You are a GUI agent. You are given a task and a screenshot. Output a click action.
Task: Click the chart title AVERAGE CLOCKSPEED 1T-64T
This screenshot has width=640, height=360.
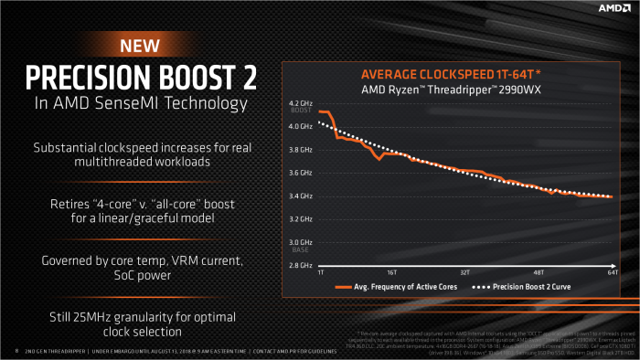(452, 74)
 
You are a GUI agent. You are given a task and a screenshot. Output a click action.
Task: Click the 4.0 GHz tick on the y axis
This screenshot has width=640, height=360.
(300, 126)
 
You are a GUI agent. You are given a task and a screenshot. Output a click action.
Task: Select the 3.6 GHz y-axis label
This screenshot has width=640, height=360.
(300, 173)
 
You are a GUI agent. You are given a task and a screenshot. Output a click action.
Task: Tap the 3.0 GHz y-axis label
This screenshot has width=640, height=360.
(300, 242)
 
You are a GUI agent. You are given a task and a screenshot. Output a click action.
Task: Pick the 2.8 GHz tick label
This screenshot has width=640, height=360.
(300, 265)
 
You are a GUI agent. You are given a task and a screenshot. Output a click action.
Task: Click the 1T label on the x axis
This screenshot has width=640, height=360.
(320, 273)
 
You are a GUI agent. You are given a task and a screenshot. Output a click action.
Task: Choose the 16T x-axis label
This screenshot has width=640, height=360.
(390, 273)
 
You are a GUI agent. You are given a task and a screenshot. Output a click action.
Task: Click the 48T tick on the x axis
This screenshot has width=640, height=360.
(539, 273)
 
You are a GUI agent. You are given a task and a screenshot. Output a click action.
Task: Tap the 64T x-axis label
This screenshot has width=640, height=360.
(611, 273)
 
